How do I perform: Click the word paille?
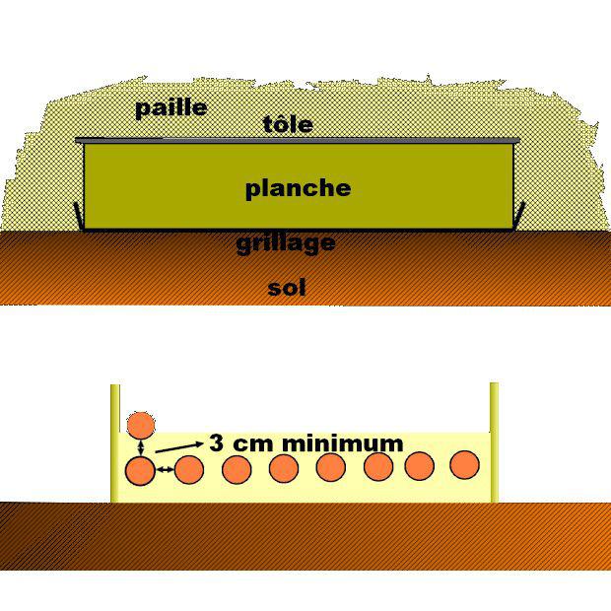click(170, 107)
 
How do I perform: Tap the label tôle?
click(288, 124)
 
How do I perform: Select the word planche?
click(298, 188)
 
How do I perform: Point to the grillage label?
click(286, 243)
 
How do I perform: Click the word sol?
click(286, 288)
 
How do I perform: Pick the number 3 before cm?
click(216, 443)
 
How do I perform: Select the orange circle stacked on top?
click(141, 426)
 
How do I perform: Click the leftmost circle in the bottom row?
click(141, 472)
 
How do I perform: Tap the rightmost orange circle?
click(465, 464)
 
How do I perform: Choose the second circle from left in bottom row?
click(189, 470)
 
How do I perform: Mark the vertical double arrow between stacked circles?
click(141, 448)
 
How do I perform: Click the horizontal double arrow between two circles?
click(165, 472)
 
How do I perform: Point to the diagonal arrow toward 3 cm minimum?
click(178, 448)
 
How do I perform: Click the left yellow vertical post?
click(114, 443)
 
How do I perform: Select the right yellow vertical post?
click(494, 443)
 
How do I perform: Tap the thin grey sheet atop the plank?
click(296, 140)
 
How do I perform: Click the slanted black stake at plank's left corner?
click(78, 214)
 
